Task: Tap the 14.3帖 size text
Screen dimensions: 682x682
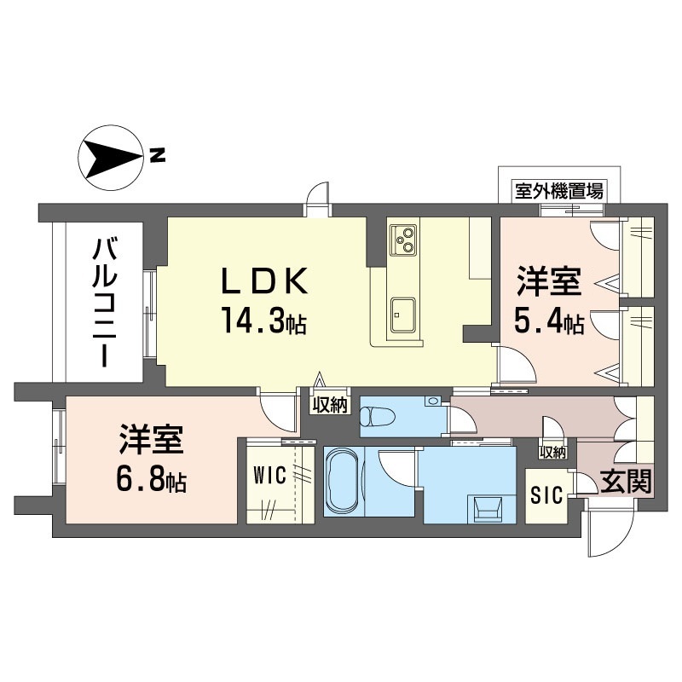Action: [264, 321]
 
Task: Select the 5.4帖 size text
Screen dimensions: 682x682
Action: [549, 321]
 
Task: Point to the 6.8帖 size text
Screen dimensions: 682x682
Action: [152, 480]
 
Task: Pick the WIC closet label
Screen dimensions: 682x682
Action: [269, 475]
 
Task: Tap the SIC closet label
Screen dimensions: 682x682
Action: [546, 495]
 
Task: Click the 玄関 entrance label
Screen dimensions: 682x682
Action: [627, 482]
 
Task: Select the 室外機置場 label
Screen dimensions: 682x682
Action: [559, 191]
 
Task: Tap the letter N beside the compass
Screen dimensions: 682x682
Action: [158, 155]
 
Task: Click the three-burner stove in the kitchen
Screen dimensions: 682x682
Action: [403, 240]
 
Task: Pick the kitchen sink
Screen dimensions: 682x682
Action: [402, 315]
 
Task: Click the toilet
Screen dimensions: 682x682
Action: [378, 416]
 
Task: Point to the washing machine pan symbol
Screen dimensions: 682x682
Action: [486, 509]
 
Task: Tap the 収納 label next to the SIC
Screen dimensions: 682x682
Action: [552, 453]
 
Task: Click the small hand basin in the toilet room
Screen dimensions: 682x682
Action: [432, 401]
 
